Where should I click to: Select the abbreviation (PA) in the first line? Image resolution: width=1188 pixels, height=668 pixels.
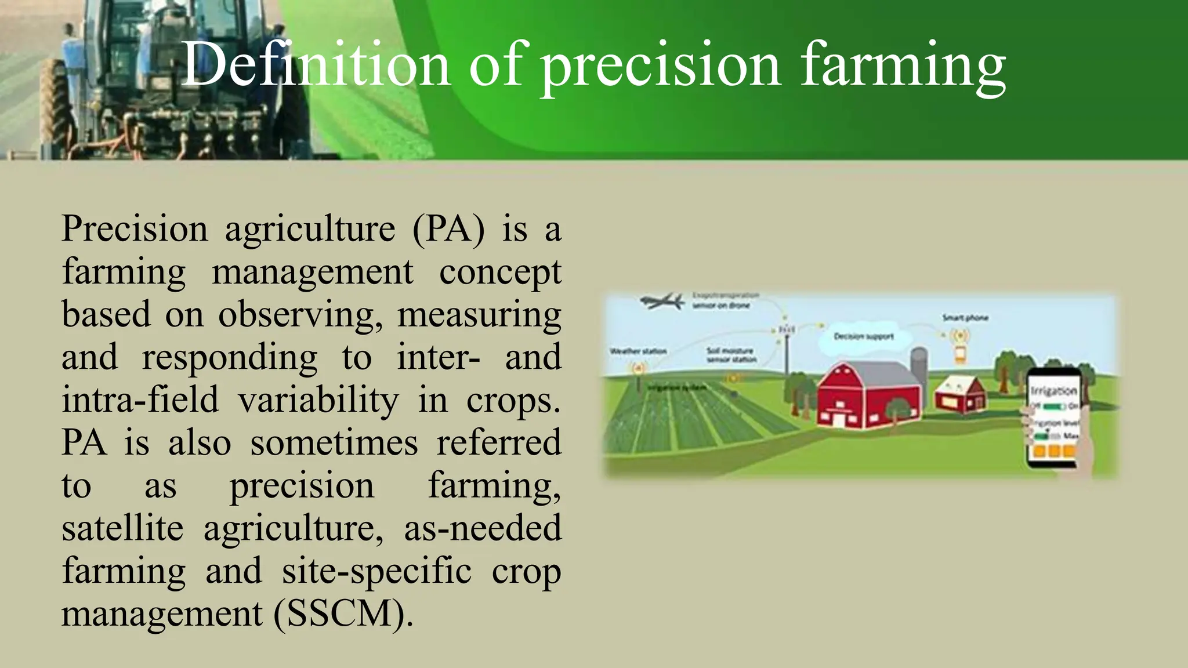(x=448, y=228)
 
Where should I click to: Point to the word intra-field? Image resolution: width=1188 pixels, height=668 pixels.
(x=140, y=400)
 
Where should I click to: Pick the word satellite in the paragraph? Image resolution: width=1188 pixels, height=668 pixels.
(x=122, y=528)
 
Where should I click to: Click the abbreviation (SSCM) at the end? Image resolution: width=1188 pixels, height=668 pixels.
(x=343, y=614)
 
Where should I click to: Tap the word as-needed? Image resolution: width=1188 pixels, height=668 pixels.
(x=483, y=528)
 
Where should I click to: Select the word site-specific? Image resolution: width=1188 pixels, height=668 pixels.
(x=376, y=571)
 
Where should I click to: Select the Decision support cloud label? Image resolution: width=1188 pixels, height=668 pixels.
(x=863, y=337)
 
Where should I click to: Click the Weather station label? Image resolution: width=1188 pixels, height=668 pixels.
(x=638, y=351)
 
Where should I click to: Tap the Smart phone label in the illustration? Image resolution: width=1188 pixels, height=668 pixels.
(x=965, y=318)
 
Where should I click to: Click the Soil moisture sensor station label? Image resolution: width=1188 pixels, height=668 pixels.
(x=731, y=355)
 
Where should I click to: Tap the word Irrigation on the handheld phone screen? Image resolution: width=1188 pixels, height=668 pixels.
(x=1054, y=390)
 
